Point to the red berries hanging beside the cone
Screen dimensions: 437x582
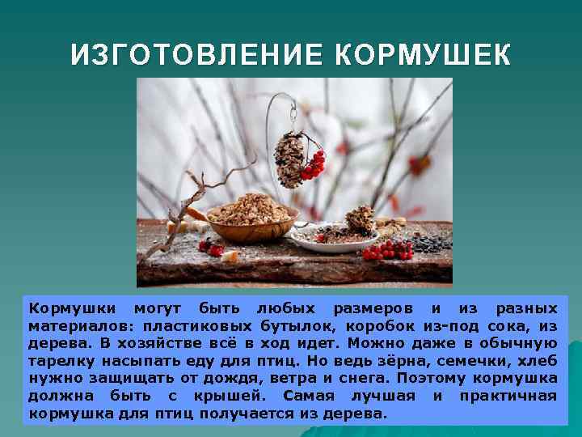313,165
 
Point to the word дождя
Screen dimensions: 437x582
218,379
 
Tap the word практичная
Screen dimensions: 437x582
508,396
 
